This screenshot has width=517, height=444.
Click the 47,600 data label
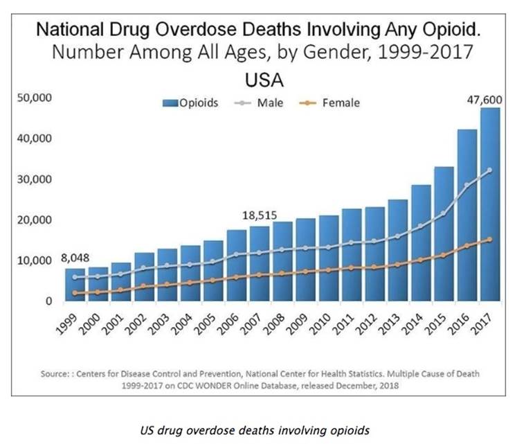click(484, 99)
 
